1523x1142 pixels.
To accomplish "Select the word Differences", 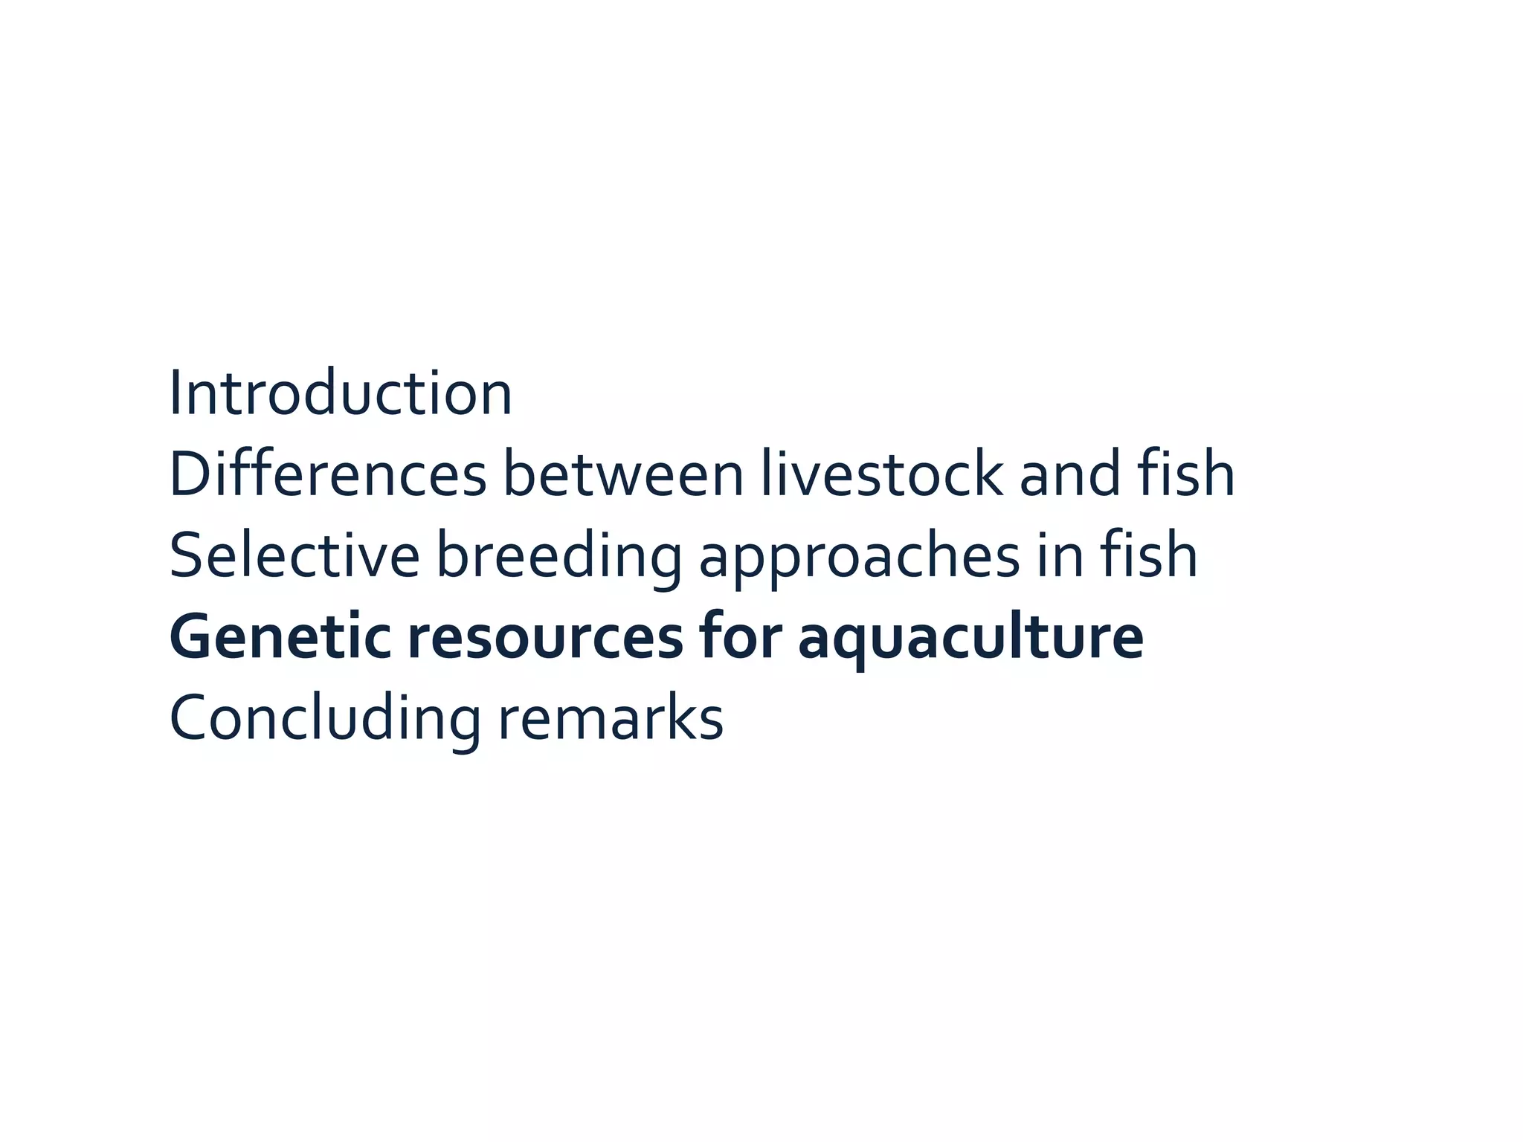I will point(328,474).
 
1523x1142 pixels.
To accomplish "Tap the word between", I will point(623,474).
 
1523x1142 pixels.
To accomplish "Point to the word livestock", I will point(881,474).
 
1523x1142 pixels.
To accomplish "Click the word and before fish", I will point(1069,474).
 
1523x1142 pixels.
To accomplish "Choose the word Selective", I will point(294,555).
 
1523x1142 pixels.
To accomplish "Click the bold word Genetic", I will point(280,637).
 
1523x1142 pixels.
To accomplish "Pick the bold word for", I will point(741,637).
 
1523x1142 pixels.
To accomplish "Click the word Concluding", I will point(325,719).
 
